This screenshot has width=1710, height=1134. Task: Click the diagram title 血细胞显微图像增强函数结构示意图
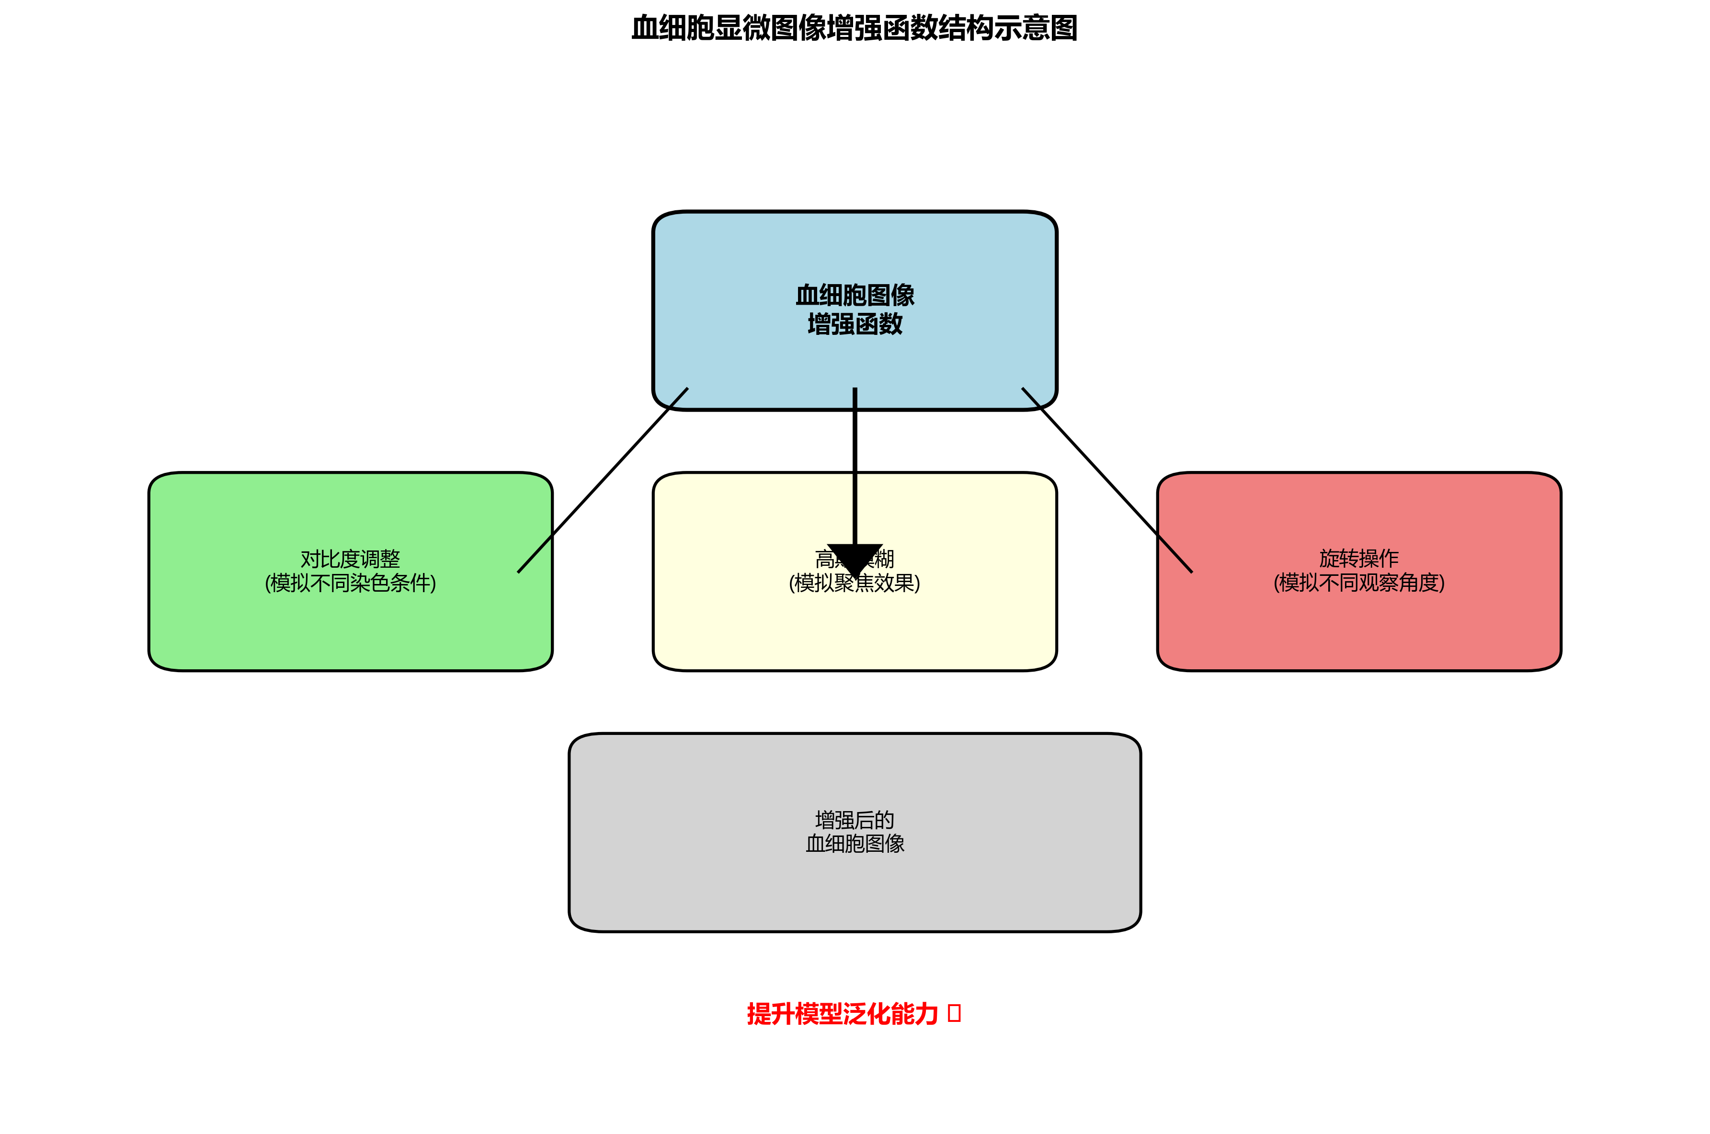854,29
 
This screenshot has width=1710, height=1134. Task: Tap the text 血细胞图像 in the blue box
855,295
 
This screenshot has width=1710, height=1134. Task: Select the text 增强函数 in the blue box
855,324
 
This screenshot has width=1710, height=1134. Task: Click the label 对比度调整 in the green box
350,559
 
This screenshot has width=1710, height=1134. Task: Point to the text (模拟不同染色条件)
350,583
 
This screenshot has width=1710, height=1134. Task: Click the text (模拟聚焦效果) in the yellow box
854,584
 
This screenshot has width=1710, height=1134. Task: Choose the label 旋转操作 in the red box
1358,558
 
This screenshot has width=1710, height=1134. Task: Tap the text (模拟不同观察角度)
1358,583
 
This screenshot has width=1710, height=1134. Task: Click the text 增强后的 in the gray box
855,820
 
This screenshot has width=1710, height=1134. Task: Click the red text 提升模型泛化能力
843,1014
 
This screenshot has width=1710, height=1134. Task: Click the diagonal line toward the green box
603,480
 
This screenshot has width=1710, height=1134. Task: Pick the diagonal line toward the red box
1106,480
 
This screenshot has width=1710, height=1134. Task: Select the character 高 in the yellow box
824,560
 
